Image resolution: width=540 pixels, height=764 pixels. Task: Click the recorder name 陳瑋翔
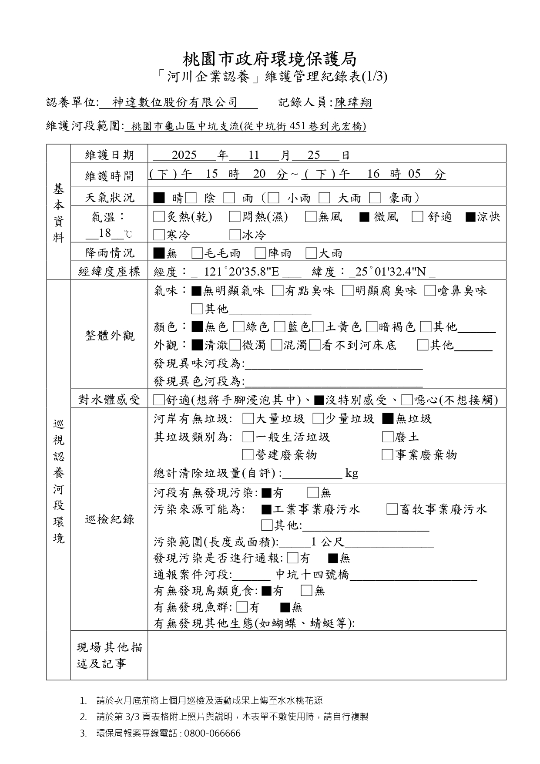[353, 103]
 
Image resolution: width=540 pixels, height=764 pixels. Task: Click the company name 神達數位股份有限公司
[175, 102]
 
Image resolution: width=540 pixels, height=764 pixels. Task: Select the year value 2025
[184, 155]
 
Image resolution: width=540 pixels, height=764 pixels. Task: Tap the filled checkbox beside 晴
[159, 198]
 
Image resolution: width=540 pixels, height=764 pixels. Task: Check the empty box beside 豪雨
[375, 198]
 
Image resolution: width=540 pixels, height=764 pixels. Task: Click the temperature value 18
[105, 233]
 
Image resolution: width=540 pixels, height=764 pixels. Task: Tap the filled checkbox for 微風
[364, 216]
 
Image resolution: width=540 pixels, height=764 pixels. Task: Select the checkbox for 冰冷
[235, 235]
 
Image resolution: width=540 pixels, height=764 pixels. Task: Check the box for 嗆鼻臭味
[430, 291]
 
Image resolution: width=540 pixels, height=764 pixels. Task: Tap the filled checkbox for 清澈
[197, 345]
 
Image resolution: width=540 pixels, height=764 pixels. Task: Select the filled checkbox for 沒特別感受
[319, 400]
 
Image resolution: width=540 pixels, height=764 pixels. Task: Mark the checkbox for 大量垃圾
[248, 419]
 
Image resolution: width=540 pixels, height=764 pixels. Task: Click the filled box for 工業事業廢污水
[266, 509]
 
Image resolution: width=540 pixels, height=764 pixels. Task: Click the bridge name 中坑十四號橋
[312, 575]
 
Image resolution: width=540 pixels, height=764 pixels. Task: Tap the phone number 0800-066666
[212, 733]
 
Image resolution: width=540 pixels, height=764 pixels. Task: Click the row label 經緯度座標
[109, 272]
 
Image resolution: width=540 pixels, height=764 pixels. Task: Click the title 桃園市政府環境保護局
[270, 59]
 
